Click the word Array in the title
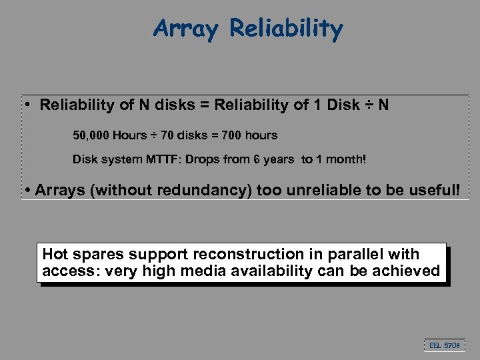pos(187,28)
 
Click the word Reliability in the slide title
pos(286,28)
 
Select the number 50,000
pos(91,135)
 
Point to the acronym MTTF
pos(157,161)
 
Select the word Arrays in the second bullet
pos(60,190)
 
